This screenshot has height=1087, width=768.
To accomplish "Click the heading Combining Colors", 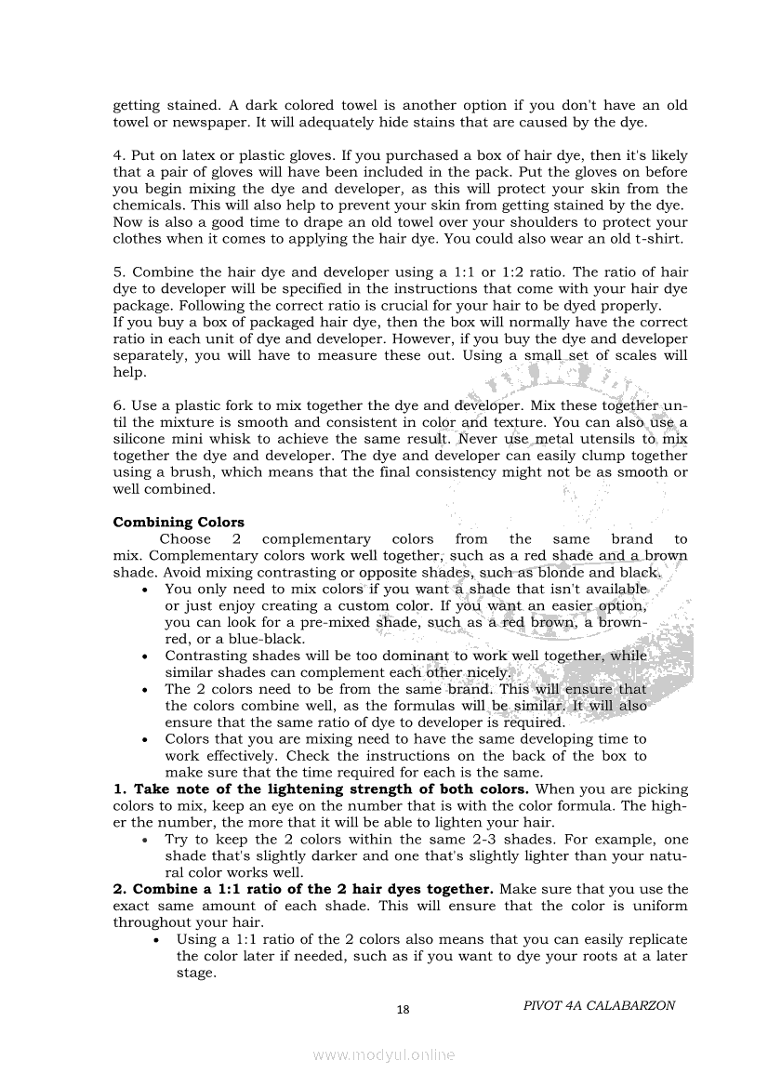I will coord(179,522).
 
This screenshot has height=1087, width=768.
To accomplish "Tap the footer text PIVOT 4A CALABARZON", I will coord(599,1005).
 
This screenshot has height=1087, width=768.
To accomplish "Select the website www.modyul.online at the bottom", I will coord(384,1054).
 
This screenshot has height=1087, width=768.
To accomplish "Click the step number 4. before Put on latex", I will coord(119,154).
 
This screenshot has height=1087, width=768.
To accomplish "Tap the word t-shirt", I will coord(657,238).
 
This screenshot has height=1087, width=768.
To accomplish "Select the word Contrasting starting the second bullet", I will coord(204,656).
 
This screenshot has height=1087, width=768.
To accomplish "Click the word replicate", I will coord(654,939).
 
